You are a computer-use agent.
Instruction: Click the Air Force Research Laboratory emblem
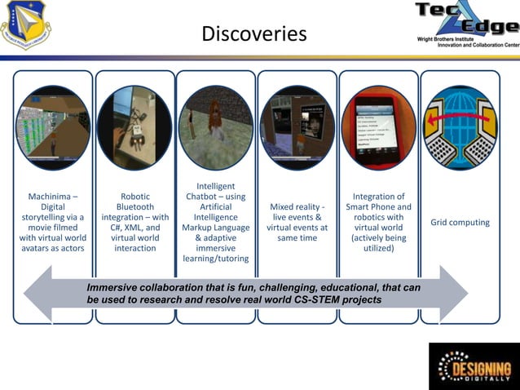tap(24, 23)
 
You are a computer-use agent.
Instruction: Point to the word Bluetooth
tap(135, 207)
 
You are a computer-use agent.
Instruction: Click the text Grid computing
tap(460, 222)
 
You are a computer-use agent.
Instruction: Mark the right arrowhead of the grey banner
tap(456, 292)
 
